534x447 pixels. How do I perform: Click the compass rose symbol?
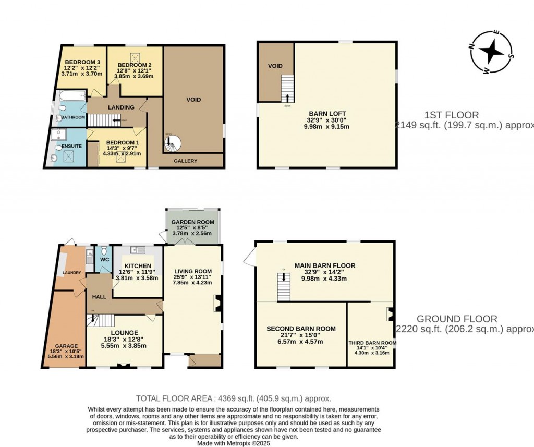point(491,53)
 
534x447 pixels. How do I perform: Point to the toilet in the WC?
point(103,249)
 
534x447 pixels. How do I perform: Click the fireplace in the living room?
point(219,303)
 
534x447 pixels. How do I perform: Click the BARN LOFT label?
point(327,113)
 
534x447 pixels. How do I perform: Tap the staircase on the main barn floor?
point(283,287)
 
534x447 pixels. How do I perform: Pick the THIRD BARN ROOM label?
point(372,343)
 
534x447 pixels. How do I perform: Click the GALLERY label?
point(185,161)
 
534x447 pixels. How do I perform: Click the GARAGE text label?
point(66,346)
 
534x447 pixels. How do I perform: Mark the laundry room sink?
point(89,258)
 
